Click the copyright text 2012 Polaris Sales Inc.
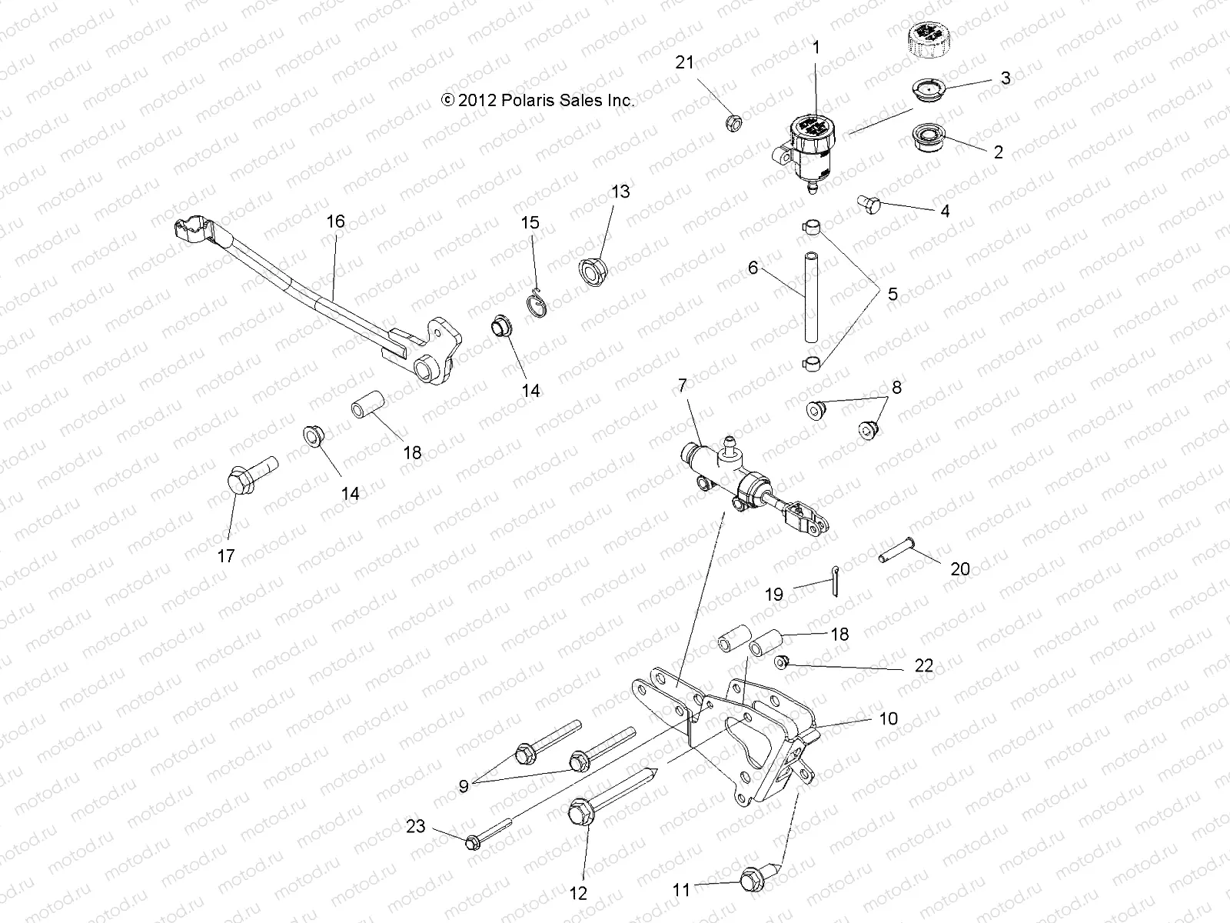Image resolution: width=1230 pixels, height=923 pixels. tap(538, 100)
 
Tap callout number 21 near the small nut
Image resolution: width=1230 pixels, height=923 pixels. tap(684, 63)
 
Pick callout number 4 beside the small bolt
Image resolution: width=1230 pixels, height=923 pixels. tap(945, 211)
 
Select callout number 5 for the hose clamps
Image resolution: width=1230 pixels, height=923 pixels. tap(892, 294)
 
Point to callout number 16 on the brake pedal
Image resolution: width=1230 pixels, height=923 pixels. tap(336, 222)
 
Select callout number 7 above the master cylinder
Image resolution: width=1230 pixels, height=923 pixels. tap(681, 385)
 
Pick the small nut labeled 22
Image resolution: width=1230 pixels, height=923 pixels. tap(781, 662)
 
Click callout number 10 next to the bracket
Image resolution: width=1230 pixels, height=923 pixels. tap(888, 718)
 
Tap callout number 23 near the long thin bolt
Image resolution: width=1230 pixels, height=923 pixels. tap(416, 827)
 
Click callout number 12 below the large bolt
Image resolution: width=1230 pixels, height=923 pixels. tap(578, 893)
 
